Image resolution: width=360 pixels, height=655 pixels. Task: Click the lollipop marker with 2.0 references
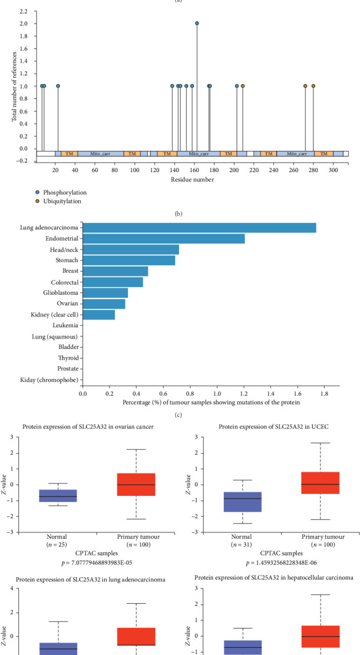(x=197, y=24)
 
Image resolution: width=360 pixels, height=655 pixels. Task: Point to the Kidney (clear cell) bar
(x=98, y=315)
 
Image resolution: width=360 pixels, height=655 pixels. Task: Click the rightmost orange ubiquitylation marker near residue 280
(x=313, y=86)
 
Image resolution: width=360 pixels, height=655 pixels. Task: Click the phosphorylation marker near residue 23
(x=58, y=86)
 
